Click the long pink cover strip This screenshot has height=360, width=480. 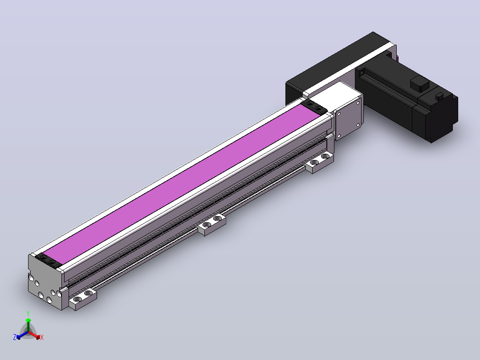[x=181, y=184]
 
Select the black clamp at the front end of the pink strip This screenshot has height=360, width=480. [x=49, y=262]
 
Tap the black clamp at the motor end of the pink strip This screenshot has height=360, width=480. [x=314, y=107]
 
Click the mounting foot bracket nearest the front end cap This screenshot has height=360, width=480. [x=83, y=298]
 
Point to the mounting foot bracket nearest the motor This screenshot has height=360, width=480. [x=319, y=162]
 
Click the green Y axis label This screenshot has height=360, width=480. [x=28, y=313]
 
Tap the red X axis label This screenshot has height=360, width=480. [x=42, y=337]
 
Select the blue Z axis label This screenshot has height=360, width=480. [x=15, y=337]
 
